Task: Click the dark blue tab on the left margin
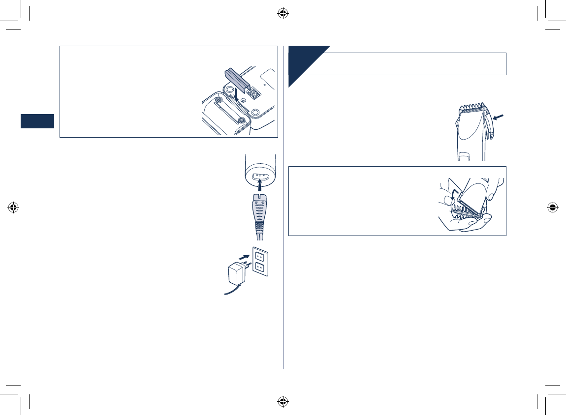coord(37,121)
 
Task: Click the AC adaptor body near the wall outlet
coord(237,272)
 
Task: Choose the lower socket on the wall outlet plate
coord(260,269)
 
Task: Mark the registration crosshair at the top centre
coord(283,13)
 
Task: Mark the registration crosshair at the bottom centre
coord(283,401)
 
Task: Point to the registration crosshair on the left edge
coord(13,207)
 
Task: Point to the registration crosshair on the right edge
coord(552,207)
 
